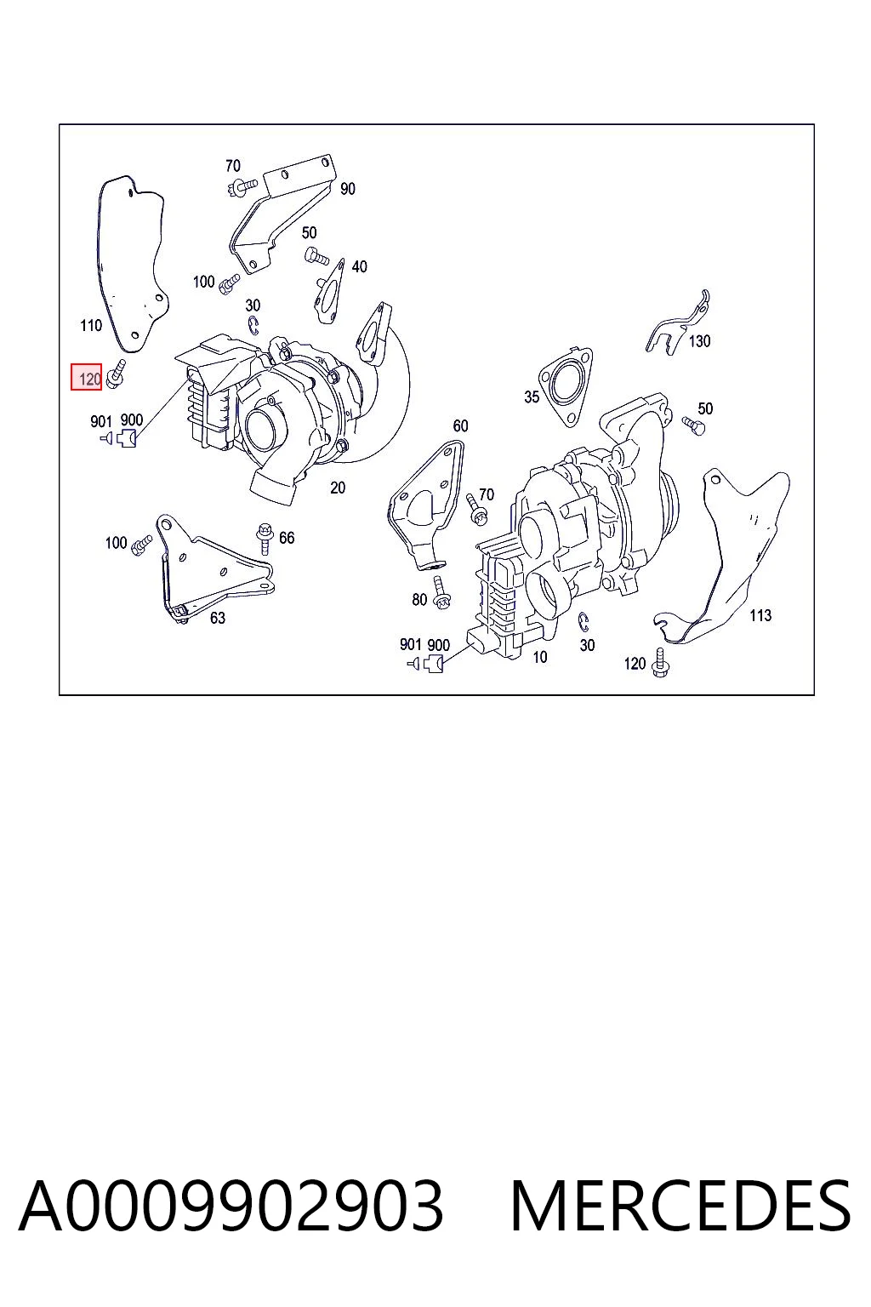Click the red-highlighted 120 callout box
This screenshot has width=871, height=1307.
coord(87,377)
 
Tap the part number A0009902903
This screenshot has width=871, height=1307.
coord(231,1206)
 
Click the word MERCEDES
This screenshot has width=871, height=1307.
coord(680,1206)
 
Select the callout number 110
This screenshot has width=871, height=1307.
coord(91,325)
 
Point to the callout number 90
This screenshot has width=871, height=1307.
coord(348,188)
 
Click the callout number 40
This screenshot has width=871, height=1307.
coord(359,266)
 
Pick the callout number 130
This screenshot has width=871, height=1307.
coord(699,340)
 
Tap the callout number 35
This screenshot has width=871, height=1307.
coord(532,397)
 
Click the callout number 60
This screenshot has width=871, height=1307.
coord(461,426)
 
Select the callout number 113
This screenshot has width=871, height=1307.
coord(760,615)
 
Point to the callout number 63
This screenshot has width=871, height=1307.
coord(218,617)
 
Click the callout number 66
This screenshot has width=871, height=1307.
coord(287,538)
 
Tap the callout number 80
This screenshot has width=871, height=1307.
coord(419,599)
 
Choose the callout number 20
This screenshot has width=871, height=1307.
coord(338,488)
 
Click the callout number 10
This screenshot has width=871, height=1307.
coord(540,657)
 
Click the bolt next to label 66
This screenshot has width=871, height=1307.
coord(265,538)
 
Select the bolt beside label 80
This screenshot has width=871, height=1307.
coord(441,593)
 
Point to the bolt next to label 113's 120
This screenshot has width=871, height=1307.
coord(660,662)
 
